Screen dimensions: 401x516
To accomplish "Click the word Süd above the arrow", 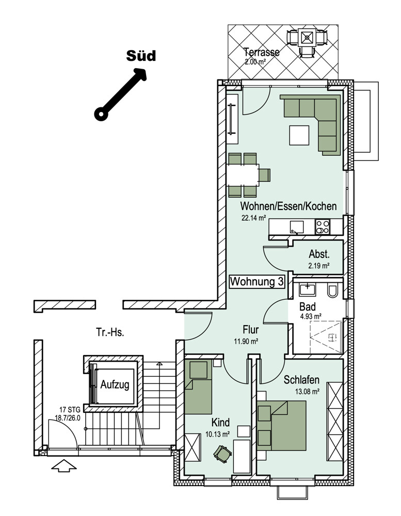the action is pyautogui.click(x=141, y=56).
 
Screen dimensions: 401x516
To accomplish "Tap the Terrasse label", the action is pyautogui.click(x=262, y=52).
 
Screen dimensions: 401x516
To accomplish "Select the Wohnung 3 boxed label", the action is pyautogui.click(x=257, y=282).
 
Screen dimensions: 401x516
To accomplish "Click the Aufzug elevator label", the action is pyautogui.click(x=115, y=384).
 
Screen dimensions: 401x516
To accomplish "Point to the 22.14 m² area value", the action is pyautogui.click(x=253, y=218).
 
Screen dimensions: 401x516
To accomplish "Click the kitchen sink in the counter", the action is pyautogui.click(x=297, y=227).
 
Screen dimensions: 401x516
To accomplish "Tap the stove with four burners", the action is pyautogui.click(x=323, y=227).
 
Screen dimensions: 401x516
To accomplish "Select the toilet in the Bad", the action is pyautogui.click(x=332, y=291).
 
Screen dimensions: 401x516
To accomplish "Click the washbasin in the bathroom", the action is pyautogui.click(x=307, y=289).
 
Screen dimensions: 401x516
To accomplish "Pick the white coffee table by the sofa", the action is pyautogui.click(x=299, y=135).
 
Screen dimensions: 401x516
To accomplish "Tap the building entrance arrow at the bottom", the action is pyautogui.click(x=64, y=465).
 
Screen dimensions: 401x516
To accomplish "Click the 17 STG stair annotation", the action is pyautogui.click(x=70, y=410).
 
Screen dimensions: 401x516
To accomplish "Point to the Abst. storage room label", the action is pyautogui.click(x=319, y=254).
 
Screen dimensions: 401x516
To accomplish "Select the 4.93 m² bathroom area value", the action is pyautogui.click(x=311, y=317).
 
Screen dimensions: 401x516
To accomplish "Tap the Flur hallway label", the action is pyautogui.click(x=250, y=329).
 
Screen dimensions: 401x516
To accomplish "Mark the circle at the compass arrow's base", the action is pyautogui.click(x=101, y=114).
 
